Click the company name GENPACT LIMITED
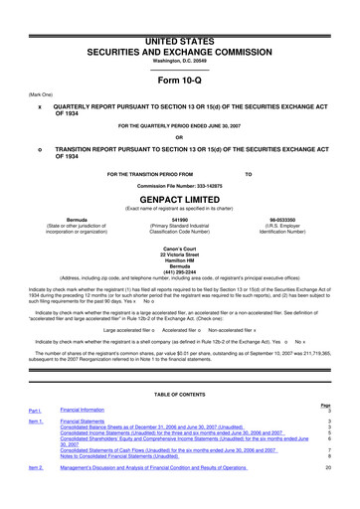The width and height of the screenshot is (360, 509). (180, 171)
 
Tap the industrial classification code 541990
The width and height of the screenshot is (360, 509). (180, 191)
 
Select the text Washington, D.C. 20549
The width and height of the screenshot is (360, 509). (180, 33)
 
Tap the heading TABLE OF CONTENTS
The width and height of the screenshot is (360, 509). (180, 395)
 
